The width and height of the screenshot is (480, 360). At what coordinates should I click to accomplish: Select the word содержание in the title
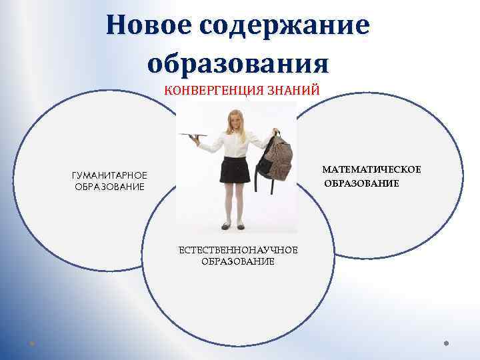[x=283, y=26]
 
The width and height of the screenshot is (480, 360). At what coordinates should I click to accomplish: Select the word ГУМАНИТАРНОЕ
[x=109, y=175]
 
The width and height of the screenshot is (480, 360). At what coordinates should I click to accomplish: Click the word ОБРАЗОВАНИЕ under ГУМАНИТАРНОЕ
[x=109, y=186]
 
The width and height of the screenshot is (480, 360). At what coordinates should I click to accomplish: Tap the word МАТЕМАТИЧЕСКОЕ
[x=371, y=170]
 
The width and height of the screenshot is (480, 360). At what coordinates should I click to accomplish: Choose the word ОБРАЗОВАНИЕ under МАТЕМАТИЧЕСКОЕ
[x=362, y=183]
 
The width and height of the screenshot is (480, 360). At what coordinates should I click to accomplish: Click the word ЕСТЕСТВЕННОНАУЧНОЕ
[x=237, y=250]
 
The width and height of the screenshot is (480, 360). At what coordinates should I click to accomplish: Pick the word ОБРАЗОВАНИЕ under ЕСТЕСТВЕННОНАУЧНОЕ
[x=237, y=261]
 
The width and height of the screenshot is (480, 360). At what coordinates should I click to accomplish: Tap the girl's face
[x=236, y=121]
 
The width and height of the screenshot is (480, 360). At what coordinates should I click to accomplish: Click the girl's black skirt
[x=236, y=171]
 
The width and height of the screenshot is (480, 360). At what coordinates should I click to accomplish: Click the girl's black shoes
[x=234, y=226]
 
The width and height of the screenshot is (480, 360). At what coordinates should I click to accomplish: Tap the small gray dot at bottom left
[x=32, y=344]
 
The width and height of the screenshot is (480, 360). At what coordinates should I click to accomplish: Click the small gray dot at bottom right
[x=447, y=344]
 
